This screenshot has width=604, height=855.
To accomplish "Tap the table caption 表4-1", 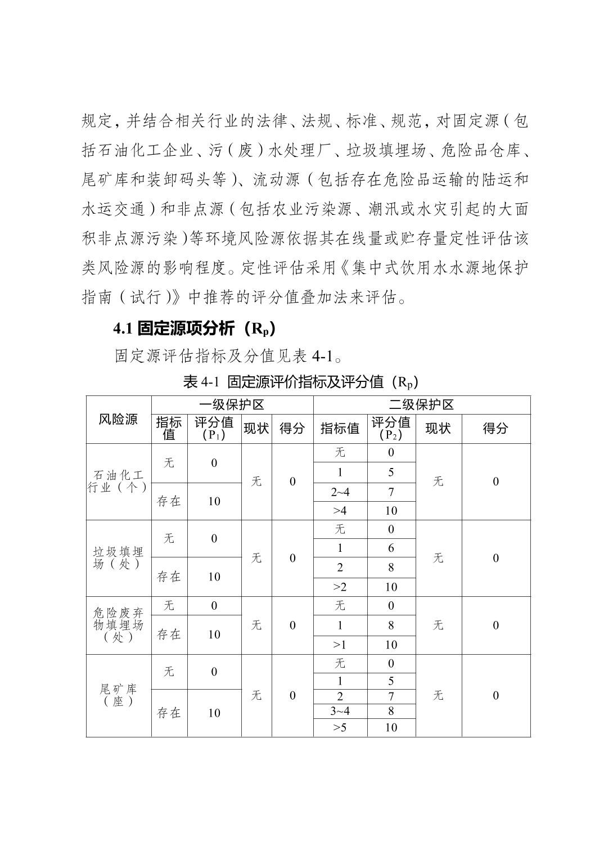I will (x=301, y=382).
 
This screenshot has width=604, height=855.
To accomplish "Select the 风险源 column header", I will (x=118, y=420).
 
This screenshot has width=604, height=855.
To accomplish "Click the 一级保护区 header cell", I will (x=232, y=405).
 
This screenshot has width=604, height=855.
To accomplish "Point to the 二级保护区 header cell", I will (x=421, y=405).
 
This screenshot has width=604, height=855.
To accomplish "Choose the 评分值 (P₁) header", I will (x=214, y=429).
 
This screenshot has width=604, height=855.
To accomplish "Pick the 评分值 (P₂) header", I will (x=391, y=429).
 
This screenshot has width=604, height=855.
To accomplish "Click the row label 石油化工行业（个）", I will (x=118, y=481).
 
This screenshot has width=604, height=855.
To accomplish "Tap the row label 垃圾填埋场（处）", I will (x=118, y=558).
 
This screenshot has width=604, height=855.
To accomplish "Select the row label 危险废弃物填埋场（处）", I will (x=118, y=625).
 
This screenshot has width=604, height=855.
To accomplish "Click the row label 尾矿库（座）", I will (x=118, y=695).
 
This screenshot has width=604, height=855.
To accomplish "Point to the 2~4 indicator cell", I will (x=340, y=492).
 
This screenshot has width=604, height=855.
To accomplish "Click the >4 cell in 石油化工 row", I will (x=340, y=511).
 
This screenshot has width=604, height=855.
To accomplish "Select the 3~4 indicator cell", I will (x=340, y=711).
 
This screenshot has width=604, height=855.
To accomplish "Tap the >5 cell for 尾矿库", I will (x=340, y=727).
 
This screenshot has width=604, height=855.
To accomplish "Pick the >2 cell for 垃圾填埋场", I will (x=340, y=587).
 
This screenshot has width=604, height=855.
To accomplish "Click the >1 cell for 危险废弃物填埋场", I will (x=340, y=645).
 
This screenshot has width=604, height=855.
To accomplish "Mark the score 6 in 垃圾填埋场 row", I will (x=391, y=548).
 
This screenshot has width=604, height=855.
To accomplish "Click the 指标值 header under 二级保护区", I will (x=340, y=429).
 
